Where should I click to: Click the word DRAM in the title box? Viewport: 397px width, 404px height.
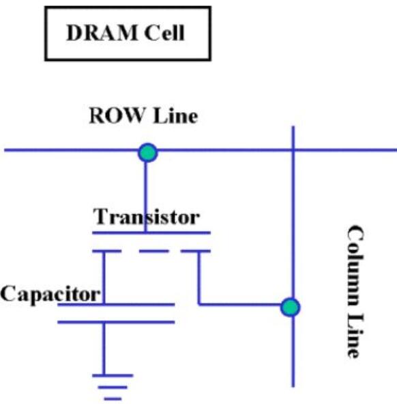tap(102, 33)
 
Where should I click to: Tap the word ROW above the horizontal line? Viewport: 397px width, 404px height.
tap(116, 116)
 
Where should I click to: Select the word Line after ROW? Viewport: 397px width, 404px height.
tap(175, 116)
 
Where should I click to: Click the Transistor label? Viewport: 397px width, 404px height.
tap(146, 217)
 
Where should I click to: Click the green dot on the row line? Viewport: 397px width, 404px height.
tap(147, 152)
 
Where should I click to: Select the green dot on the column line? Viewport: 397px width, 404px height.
tap(290, 307)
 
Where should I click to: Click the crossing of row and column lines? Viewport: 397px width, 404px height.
tap(293, 150)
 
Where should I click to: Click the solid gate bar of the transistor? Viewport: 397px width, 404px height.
tap(151, 233)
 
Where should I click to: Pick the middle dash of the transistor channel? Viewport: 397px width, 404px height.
tap(154, 251)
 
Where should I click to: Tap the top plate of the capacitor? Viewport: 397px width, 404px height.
tap(116, 305)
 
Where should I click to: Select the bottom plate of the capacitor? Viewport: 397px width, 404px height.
tap(116, 322)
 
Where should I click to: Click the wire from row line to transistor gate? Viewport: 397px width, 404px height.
tap(146, 197)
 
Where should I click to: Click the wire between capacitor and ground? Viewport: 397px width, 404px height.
tap(104, 349)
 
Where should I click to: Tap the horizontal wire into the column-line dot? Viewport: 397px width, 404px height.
tap(239, 305)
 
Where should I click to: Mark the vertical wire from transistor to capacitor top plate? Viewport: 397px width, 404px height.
tap(104, 278)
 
